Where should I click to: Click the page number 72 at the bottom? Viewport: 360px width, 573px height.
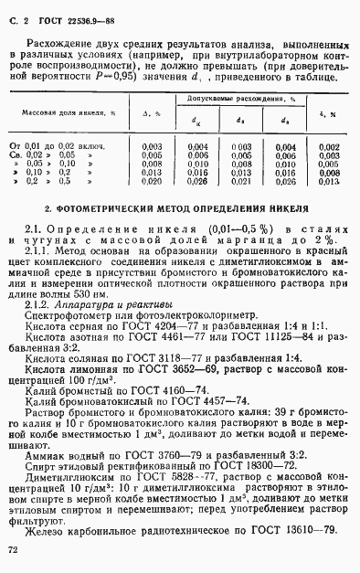[x=13, y=549]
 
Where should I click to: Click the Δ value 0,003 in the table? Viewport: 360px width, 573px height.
[x=153, y=146]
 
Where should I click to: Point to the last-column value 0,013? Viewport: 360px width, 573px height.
[x=331, y=182]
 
